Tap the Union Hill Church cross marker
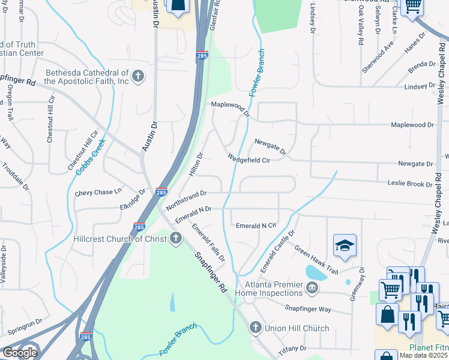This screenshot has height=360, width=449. pyautogui.click(x=255, y=328)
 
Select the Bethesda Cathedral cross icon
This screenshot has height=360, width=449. pyautogui.click(x=139, y=76)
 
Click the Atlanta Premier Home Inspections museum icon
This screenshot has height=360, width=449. pyautogui.click(x=312, y=288)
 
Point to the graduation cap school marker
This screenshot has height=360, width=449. pyautogui.click(x=345, y=245)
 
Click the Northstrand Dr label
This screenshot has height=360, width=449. pyautogui.click(x=186, y=200)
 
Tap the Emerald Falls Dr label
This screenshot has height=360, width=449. pyautogui.click(x=208, y=242)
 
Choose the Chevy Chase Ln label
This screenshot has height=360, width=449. pyautogui.click(x=98, y=193)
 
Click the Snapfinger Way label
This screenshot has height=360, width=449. pyautogui.click(x=309, y=309)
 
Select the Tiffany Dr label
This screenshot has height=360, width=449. pyautogui.click(x=293, y=348)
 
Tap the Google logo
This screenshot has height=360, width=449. pyautogui.click(x=19, y=353)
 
